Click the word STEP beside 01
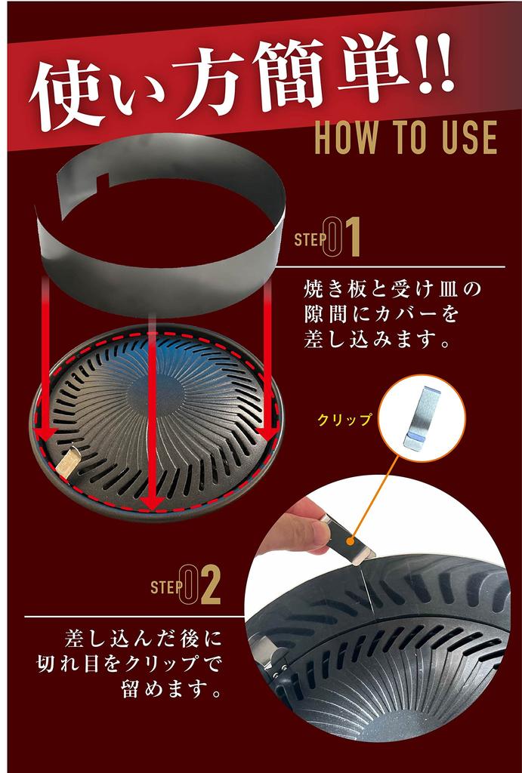(308, 240)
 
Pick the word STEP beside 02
(167, 587)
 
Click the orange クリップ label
(344, 420)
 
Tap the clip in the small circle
(422, 418)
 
